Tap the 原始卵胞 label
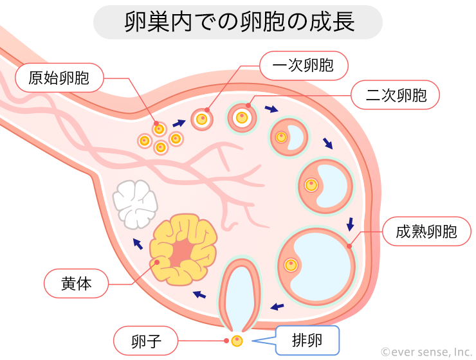point(59,79)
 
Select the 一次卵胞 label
point(304,65)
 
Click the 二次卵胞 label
point(396,96)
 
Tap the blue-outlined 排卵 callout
point(307,339)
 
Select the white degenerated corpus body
point(135,203)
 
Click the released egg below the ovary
point(237,340)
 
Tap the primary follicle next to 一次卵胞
point(202,119)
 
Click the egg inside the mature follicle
point(291,264)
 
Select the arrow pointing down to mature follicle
point(350,224)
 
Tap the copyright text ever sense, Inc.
point(426,352)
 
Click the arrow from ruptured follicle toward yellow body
point(201,294)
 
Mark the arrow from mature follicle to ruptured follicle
point(277,306)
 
